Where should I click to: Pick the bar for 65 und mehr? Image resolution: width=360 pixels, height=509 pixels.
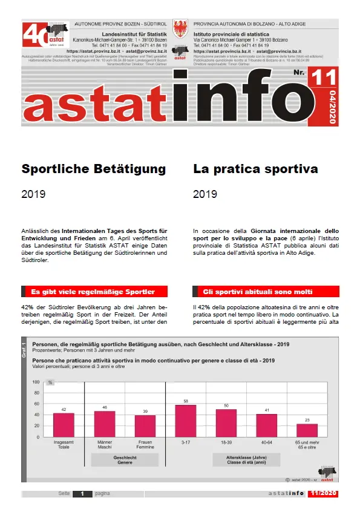tap(307, 430)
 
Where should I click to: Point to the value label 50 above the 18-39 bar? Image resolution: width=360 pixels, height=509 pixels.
tap(226, 405)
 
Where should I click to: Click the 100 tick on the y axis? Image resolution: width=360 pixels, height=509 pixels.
tap(36, 382)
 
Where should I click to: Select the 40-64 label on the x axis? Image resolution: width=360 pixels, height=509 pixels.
tap(267, 443)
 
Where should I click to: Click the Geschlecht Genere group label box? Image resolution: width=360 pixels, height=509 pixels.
tap(125, 460)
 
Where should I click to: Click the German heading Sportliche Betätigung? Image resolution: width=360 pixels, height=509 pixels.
tap(93, 169)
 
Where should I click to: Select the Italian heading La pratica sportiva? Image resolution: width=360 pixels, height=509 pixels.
tap(255, 169)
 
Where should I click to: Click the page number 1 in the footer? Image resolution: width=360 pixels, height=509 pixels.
tap(82, 494)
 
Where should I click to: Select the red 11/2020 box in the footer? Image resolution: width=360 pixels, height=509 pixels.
tap(322, 494)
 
